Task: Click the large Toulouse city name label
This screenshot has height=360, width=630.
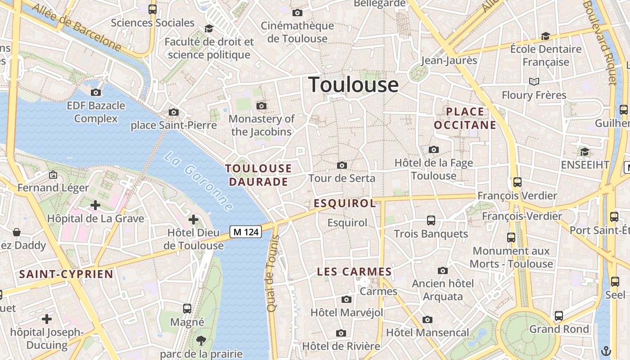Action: point(353,85)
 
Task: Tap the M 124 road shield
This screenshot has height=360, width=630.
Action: point(246,232)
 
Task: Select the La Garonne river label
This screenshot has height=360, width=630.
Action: point(198,181)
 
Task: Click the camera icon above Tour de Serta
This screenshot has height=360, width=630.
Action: point(342,165)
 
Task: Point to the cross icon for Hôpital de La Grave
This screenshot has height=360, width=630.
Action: point(95,205)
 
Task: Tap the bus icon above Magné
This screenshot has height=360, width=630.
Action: point(187,309)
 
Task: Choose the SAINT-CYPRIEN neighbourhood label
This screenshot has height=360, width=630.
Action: point(66,274)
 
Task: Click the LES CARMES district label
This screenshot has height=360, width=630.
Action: point(355,272)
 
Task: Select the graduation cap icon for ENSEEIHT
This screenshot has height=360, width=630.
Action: point(585,152)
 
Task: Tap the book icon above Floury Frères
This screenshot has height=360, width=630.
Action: point(534,81)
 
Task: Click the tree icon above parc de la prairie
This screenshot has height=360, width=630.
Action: point(201,341)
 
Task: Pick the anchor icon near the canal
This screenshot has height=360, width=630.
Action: point(606,350)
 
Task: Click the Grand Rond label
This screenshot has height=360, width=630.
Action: point(559,329)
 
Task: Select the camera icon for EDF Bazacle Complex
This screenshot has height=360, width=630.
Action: point(96,92)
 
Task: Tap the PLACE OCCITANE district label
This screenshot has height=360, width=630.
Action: point(465,118)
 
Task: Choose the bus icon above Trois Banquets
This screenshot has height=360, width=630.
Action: point(431,220)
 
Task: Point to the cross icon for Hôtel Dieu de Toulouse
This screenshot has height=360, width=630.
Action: point(193,220)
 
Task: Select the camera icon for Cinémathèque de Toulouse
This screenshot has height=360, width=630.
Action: point(297,13)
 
